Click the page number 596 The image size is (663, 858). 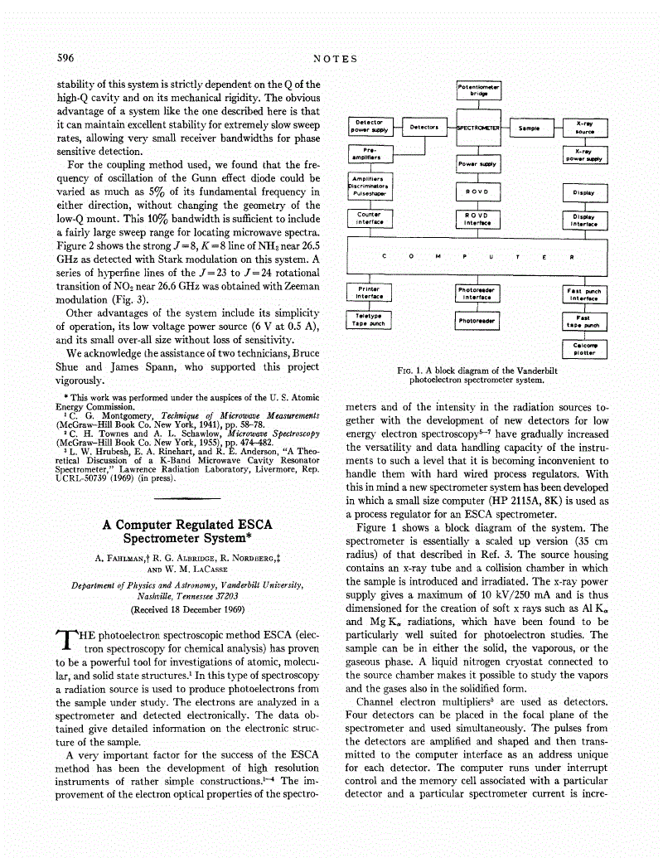tap(65, 58)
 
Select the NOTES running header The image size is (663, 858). tap(335, 59)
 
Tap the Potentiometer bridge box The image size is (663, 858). tap(481, 90)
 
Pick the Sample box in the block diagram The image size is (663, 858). tap(530, 128)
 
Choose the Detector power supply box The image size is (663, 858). tap(369, 127)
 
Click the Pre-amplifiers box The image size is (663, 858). tap(370, 154)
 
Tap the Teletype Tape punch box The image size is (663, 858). tap(368, 320)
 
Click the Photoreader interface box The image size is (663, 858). tap(477, 293)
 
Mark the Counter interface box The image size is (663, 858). tap(370, 219)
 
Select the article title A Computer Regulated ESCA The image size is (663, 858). tap(187, 526)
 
